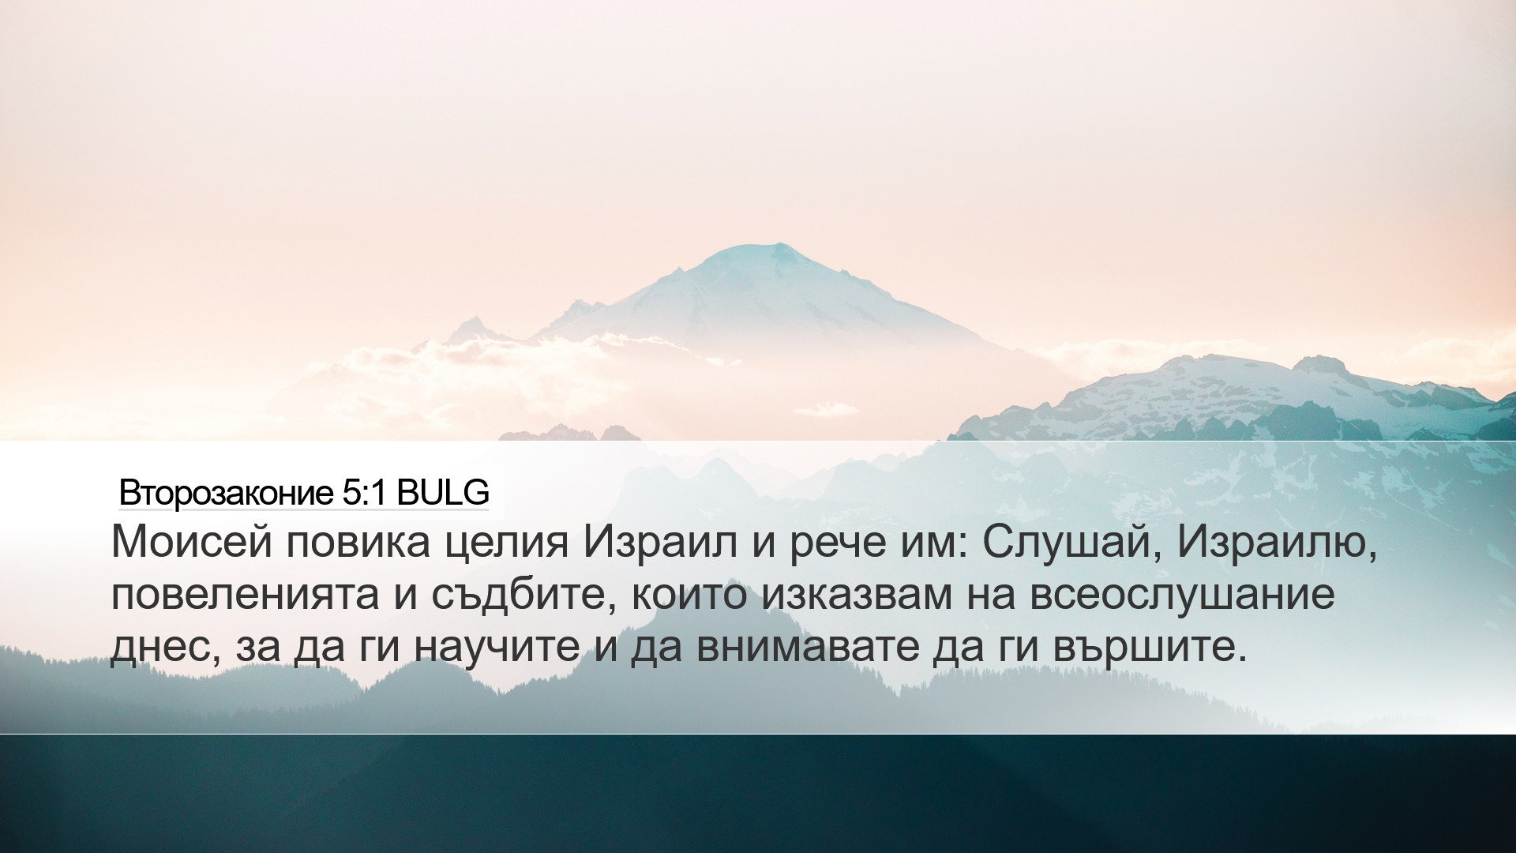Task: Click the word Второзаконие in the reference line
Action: tap(226, 494)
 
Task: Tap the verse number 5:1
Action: tap(364, 493)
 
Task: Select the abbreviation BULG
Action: tap(443, 493)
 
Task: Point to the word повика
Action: tap(358, 543)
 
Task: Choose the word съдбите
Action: tap(523, 594)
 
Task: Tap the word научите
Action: tap(497, 647)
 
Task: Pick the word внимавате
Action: tap(808, 647)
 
